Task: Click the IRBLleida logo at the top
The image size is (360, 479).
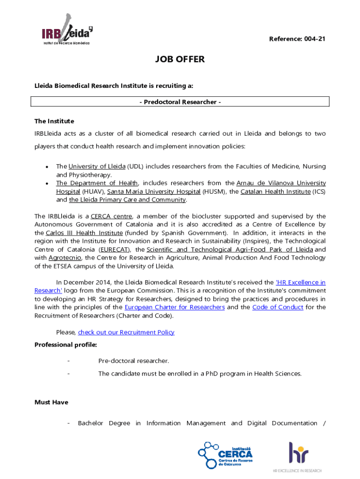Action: (x=65, y=31)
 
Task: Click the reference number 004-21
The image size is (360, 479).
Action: (x=297, y=39)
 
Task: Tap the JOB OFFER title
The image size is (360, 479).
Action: (x=180, y=60)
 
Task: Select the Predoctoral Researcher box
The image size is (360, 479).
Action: (x=180, y=102)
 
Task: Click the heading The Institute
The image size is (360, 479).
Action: (x=54, y=121)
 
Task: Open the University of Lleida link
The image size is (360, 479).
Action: (x=97, y=167)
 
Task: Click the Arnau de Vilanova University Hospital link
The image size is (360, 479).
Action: (x=281, y=183)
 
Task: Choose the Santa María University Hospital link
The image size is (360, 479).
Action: (x=154, y=191)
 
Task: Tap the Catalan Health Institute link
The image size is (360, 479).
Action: (x=275, y=191)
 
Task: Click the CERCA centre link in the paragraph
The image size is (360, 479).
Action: (x=112, y=216)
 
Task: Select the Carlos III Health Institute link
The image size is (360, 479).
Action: (x=84, y=233)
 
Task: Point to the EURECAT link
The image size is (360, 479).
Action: (x=115, y=250)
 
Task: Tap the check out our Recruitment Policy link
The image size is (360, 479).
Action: (x=126, y=333)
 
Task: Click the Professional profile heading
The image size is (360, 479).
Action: (x=66, y=345)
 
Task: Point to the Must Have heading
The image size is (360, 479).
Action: (x=51, y=402)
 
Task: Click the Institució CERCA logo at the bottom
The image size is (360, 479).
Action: (x=226, y=455)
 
